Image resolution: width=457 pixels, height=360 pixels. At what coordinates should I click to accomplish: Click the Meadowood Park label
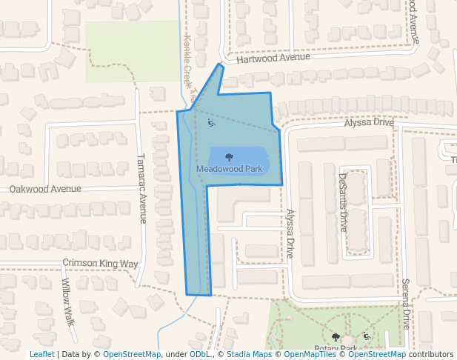[x=230, y=169]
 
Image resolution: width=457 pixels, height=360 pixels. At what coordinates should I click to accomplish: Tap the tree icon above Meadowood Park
[x=229, y=157]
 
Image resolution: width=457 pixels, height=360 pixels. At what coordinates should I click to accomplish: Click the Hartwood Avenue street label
[x=273, y=57]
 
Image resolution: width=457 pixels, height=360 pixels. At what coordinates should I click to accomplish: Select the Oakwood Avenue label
[x=45, y=189]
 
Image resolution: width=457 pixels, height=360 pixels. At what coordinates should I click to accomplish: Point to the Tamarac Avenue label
[x=143, y=188]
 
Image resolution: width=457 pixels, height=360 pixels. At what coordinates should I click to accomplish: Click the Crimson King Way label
[x=100, y=263]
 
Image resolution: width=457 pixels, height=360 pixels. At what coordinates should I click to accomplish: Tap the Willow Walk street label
[x=67, y=302]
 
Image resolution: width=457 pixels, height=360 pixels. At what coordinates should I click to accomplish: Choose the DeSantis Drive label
[x=343, y=202]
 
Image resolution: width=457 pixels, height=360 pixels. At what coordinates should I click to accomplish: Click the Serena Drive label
[x=406, y=304]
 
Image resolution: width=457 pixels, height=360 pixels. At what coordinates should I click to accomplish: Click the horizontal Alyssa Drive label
[x=368, y=122]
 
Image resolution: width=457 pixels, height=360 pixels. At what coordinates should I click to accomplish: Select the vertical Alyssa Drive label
[x=290, y=233]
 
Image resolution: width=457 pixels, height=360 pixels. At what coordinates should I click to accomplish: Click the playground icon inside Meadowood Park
[x=211, y=123]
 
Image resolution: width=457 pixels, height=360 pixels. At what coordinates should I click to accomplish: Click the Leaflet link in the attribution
[x=42, y=355]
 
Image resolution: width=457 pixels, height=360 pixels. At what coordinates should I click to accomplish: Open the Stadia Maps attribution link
[x=249, y=355]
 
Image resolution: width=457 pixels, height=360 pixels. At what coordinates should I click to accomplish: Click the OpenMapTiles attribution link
[x=308, y=355]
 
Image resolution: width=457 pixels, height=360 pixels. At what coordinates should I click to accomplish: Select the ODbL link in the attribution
[x=201, y=355]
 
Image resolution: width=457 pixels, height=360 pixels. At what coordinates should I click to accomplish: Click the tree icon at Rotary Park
[x=336, y=337]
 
